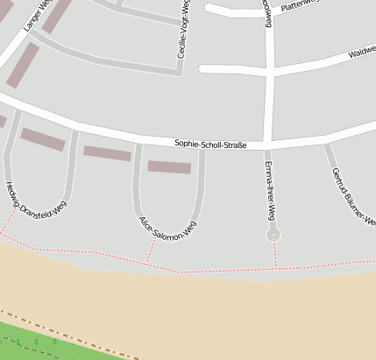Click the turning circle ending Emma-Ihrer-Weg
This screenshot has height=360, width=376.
pos(274,235)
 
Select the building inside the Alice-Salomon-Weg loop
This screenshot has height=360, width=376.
pos(169,166)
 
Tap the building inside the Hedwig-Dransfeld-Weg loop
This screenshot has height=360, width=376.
pos(42,139)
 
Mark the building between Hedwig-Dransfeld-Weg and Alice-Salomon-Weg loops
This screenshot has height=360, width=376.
pos(107,153)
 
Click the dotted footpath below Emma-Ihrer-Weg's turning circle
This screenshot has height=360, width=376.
pos(275,255)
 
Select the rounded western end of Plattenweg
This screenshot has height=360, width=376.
pos(210,11)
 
